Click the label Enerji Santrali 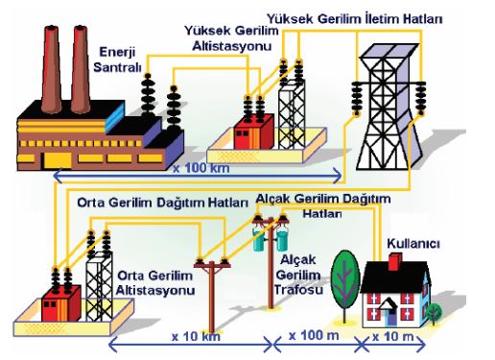[117, 60]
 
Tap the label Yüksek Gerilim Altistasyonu [231, 38]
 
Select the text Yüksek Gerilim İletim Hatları [355, 19]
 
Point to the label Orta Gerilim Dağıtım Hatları [163, 203]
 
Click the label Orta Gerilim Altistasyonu [155, 283]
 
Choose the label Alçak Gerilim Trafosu [298, 275]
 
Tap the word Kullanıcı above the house [413, 244]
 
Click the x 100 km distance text [201, 168]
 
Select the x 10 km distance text [196, 337]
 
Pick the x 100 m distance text [314, 336]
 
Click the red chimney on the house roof [395, 262]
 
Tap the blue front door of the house [390, 317]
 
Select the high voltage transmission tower [389, 107]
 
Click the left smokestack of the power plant [51, 69]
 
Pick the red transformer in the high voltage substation [253, 132]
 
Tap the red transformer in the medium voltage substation [61, 303]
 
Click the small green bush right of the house [434, 312]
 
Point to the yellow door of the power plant [58, 160]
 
